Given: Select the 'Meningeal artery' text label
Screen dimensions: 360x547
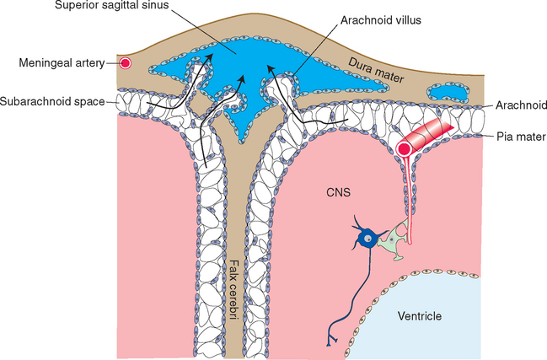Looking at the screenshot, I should click(x=60, y=63).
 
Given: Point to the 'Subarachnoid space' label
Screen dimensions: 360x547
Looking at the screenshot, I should click(x=52, y=103).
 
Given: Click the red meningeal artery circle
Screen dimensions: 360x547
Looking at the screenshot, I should click(x=126, y=63).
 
